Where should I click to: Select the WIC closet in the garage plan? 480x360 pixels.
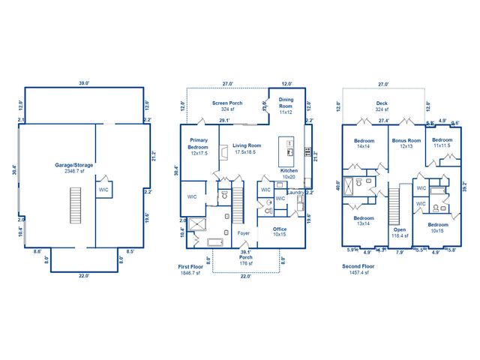coord(104,190)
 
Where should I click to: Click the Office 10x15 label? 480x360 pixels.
coord(280,232)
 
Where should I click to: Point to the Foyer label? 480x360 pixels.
coord(244,232)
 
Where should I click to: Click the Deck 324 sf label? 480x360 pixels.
coord(382,106)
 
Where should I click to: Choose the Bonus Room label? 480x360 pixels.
coord(406,143)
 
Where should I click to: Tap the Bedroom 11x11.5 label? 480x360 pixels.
coord(442,142)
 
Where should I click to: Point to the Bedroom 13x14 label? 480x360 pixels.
coord(364,221)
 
